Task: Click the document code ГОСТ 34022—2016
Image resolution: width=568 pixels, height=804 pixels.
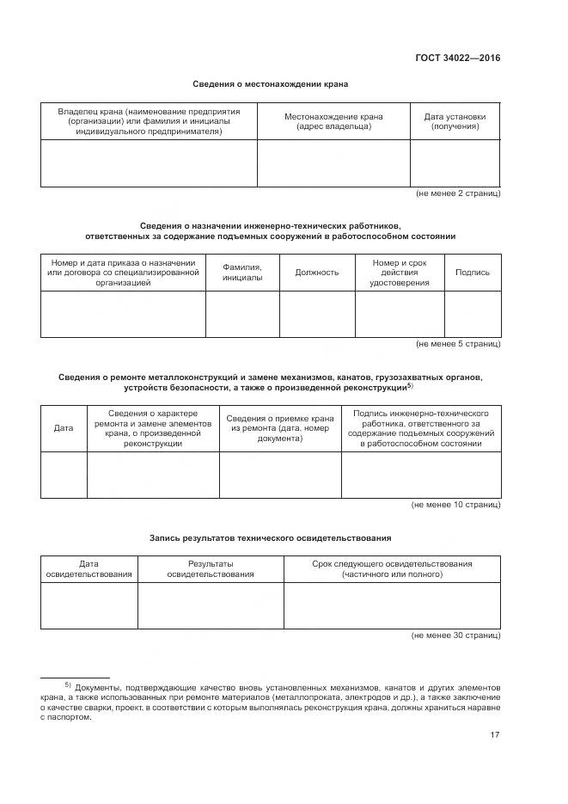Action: (x=457, y=58)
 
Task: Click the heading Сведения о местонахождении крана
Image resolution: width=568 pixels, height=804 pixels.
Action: (x=270, y=84)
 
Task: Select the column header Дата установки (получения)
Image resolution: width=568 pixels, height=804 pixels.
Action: (x=455, y=121)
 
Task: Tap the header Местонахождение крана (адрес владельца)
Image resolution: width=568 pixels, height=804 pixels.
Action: (x=333, y=121)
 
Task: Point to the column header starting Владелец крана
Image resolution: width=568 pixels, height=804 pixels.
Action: (x=149, y=121)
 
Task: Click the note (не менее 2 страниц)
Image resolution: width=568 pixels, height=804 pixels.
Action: (x=457, y=193)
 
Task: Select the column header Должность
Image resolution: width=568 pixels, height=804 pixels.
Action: (x=317, y=273)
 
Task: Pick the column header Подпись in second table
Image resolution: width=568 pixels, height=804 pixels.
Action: (x=472, y=273)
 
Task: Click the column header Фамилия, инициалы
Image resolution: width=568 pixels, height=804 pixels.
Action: (x=242, y=273)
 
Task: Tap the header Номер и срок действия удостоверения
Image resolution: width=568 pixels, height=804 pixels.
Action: (x=399, y=273)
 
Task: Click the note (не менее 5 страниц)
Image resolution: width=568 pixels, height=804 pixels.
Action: (x=457, y=344)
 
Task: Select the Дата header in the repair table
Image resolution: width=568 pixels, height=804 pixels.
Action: (x=64, y=427)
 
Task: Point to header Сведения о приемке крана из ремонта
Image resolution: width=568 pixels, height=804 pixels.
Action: (x=280, y=427)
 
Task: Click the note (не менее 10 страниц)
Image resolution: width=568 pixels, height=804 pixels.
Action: (x=455, y=505)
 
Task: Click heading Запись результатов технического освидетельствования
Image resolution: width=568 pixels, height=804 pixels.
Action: (x=270, y=537)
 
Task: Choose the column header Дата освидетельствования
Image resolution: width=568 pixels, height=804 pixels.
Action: (x=89, y=568)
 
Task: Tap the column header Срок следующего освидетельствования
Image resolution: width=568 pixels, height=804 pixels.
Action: (x=392, y=568)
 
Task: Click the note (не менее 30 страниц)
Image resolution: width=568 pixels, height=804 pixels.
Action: (x=455, y=635)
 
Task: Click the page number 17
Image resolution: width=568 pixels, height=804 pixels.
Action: (x=494, y=734)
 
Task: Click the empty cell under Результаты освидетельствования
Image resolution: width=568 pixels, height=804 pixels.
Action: (x=211, y=605)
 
